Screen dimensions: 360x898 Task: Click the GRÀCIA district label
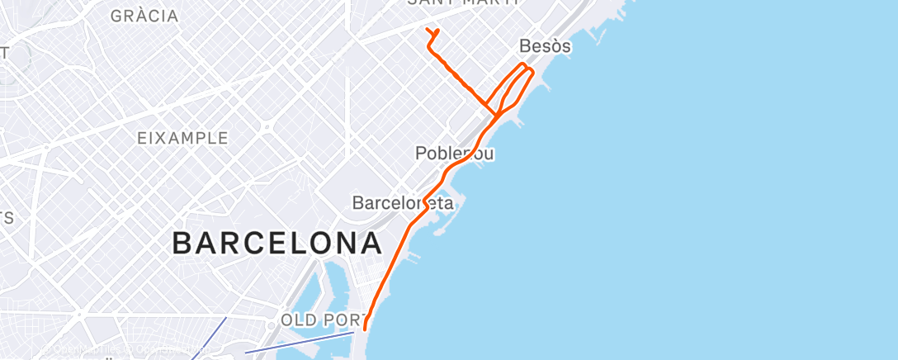pyautogui.click(x=144, y=16)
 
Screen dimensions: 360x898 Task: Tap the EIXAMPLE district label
pyautogui.click(x=182, y=138)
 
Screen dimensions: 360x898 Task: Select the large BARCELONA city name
pyautogui.click(x=276, y=244)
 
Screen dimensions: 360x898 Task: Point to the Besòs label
pyautogui.click(x=545, y=46)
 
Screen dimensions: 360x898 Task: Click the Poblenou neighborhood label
pyautogui.click(x=455, y=154)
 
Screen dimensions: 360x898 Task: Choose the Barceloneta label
pyautogui.click(x=403, y=202)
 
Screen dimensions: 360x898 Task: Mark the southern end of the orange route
pyautogui.click(x=364, y=329)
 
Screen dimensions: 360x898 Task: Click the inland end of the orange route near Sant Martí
pyautogui.click(x=428, y=31)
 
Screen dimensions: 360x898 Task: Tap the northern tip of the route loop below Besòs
pyautogui.click(x=523, y=64)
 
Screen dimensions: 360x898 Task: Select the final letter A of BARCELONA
pyautogui.click(x=371, y=244)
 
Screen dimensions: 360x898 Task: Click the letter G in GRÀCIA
pyautogui.click(x=116, y=16)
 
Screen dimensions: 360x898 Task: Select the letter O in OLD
pyautogui.click(x=287, y=320)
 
